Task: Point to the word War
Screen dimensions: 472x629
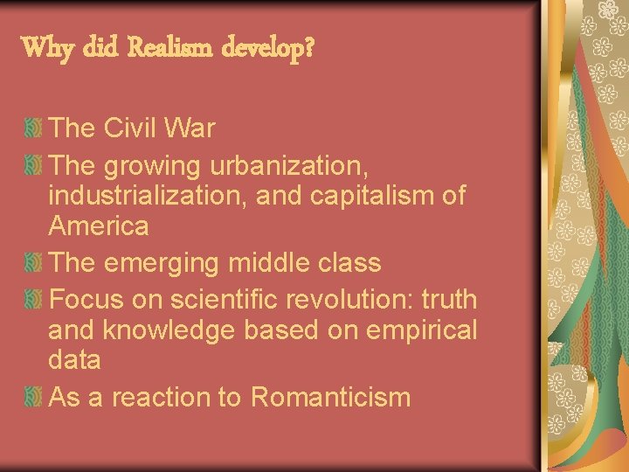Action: (x=190, y=128)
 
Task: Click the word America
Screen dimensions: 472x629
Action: (x=99, y=226)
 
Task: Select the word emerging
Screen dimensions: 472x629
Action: (x=169, y=263)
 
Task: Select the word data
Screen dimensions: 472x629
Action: (x=75, y=359)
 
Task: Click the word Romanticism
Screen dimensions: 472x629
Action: (x=330, y=397)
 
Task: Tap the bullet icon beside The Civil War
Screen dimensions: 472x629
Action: (x=32, y=129)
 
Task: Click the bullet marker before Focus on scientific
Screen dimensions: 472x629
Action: (x=32, y=300)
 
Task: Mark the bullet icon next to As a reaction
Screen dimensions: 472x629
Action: (x=32, y=398)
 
